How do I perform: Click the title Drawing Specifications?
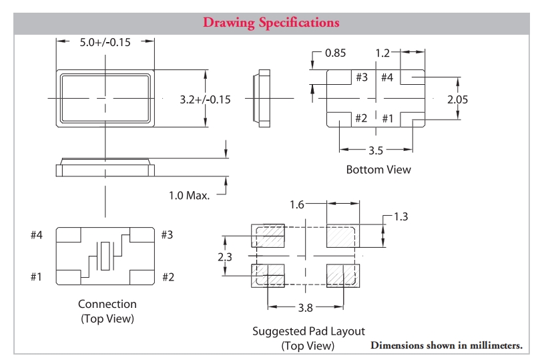270,23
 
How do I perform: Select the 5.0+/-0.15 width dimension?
105,42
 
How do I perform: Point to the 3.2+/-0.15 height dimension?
205,100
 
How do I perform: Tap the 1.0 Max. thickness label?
189,196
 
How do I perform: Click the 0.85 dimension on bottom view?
336,52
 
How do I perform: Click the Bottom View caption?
378,170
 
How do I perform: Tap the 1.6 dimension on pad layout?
298,204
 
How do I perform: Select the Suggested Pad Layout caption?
308,331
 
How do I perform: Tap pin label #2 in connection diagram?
169,277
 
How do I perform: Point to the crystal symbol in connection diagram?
105,256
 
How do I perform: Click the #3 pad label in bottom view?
361,77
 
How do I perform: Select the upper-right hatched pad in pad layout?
342,236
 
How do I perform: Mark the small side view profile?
263,99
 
